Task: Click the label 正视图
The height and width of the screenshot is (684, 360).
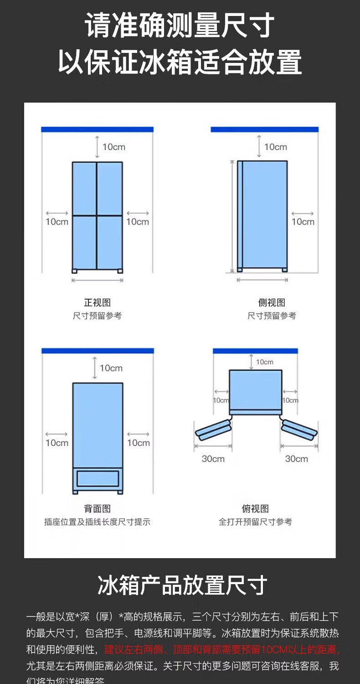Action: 97,303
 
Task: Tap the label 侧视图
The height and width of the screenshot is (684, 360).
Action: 272,303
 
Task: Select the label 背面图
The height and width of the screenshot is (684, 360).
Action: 97,509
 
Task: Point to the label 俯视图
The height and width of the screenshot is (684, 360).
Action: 255,509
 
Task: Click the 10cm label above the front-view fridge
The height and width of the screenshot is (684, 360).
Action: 113,147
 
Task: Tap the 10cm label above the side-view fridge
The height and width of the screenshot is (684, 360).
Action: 276,147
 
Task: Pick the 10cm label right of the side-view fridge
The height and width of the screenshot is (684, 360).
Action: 303,222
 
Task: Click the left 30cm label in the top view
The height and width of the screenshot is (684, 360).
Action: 213,459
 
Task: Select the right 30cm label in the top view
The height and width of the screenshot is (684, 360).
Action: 297,459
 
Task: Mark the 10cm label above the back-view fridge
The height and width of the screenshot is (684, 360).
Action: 111,368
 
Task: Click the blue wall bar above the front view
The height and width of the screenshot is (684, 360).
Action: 97,130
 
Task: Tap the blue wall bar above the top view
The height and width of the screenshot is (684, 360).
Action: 255,351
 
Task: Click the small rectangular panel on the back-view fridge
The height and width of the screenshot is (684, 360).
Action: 98,478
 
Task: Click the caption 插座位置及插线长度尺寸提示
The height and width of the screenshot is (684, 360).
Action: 97,522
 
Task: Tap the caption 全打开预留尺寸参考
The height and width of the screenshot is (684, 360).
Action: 255,522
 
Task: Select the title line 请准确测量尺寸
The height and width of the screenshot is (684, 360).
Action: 180,26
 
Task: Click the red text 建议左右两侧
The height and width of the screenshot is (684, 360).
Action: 134,649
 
